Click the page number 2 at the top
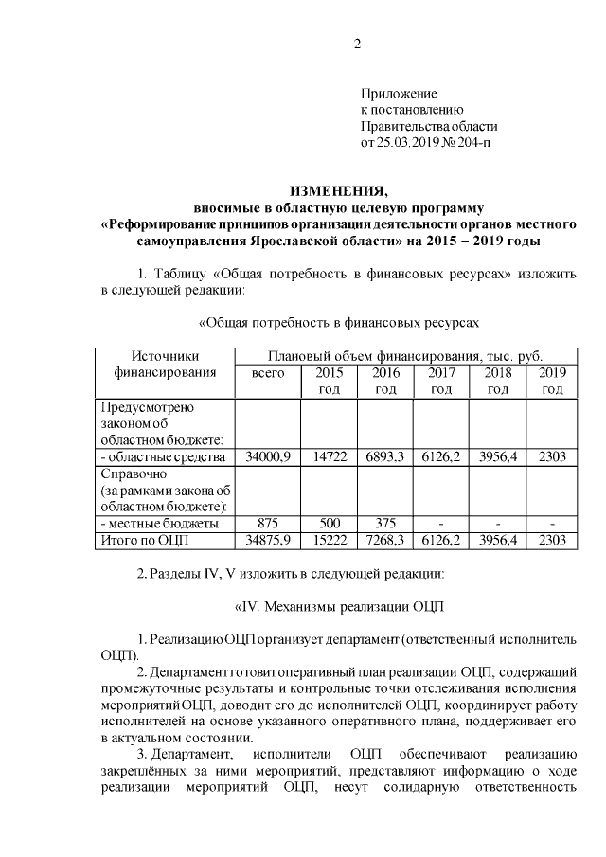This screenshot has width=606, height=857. coord(357,44)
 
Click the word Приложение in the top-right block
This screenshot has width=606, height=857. coord(399,94)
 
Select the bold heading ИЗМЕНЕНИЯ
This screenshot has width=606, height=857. coord(338,189)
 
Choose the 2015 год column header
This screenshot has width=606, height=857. coord(329,381)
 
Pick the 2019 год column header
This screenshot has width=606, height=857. coord(552,381)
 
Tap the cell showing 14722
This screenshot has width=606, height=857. coord(329,456)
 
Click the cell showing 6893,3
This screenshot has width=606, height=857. coord(384,456)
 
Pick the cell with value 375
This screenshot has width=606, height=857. coord(384,523)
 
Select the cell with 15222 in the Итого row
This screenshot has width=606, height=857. coord(329,540)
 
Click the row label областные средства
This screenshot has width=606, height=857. coord(162,456)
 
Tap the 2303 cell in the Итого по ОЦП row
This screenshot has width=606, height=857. coord(552,540)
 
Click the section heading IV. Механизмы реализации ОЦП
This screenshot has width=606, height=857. coord(337,606)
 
